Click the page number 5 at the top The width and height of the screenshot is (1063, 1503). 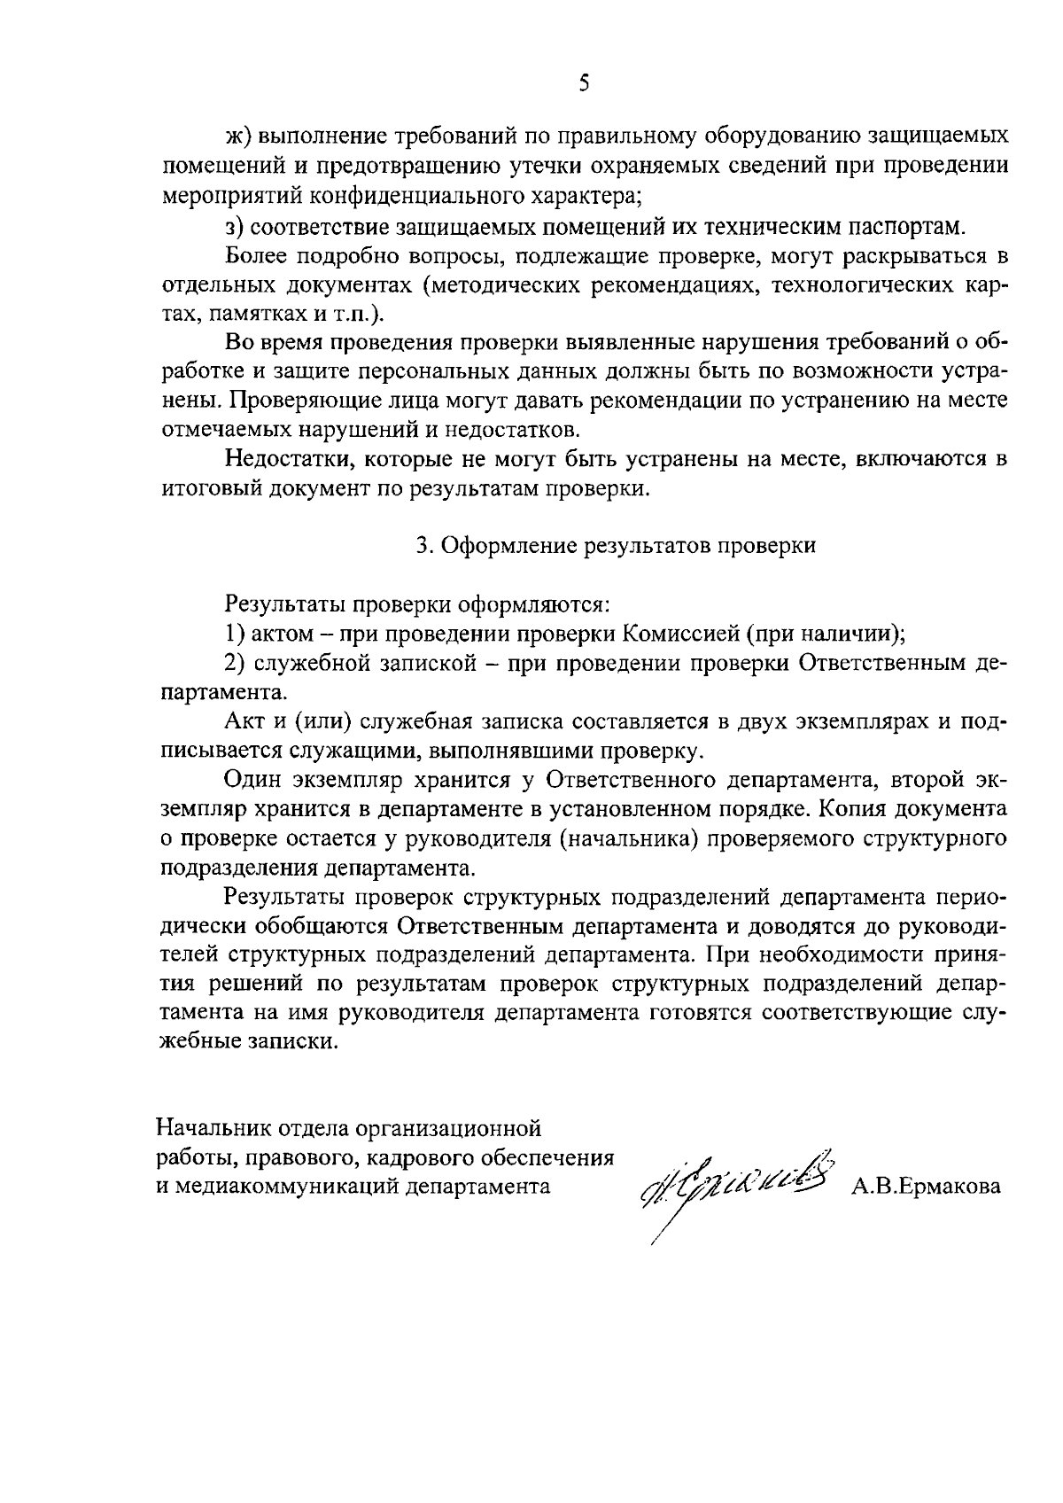click(x=583, y=84)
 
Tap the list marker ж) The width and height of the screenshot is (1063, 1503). click(x=240, y=136)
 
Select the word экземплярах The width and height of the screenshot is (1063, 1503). click(x=858, y=721)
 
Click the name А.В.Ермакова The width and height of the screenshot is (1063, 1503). click(x=927, y=1187)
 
